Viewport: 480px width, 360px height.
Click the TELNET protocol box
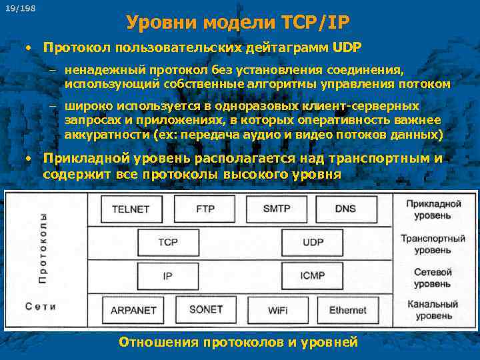click(131, 209)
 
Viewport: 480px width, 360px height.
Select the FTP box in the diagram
click(205, 209)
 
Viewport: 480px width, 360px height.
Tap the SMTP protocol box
click(277, 209)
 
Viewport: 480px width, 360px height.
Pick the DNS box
click(345, 209)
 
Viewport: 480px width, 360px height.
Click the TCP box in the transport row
click(168, 242)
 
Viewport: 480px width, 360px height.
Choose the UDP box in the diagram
click(313, 242)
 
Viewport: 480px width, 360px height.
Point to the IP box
click(168, 275)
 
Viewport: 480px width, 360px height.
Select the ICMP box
click(313, 275)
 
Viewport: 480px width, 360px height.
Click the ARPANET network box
click(133, 310)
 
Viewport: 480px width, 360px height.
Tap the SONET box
click(206, 309)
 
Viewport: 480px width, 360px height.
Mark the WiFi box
click(278, 310)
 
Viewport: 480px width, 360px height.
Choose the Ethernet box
click(348, 310)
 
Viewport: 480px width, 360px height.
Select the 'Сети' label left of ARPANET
click(41, 306)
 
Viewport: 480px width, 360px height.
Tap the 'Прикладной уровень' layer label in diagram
click(433, 209)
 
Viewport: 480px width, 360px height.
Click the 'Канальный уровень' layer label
click(433, 310)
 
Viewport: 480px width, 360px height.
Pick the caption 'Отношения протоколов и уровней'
click(238, 342)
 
